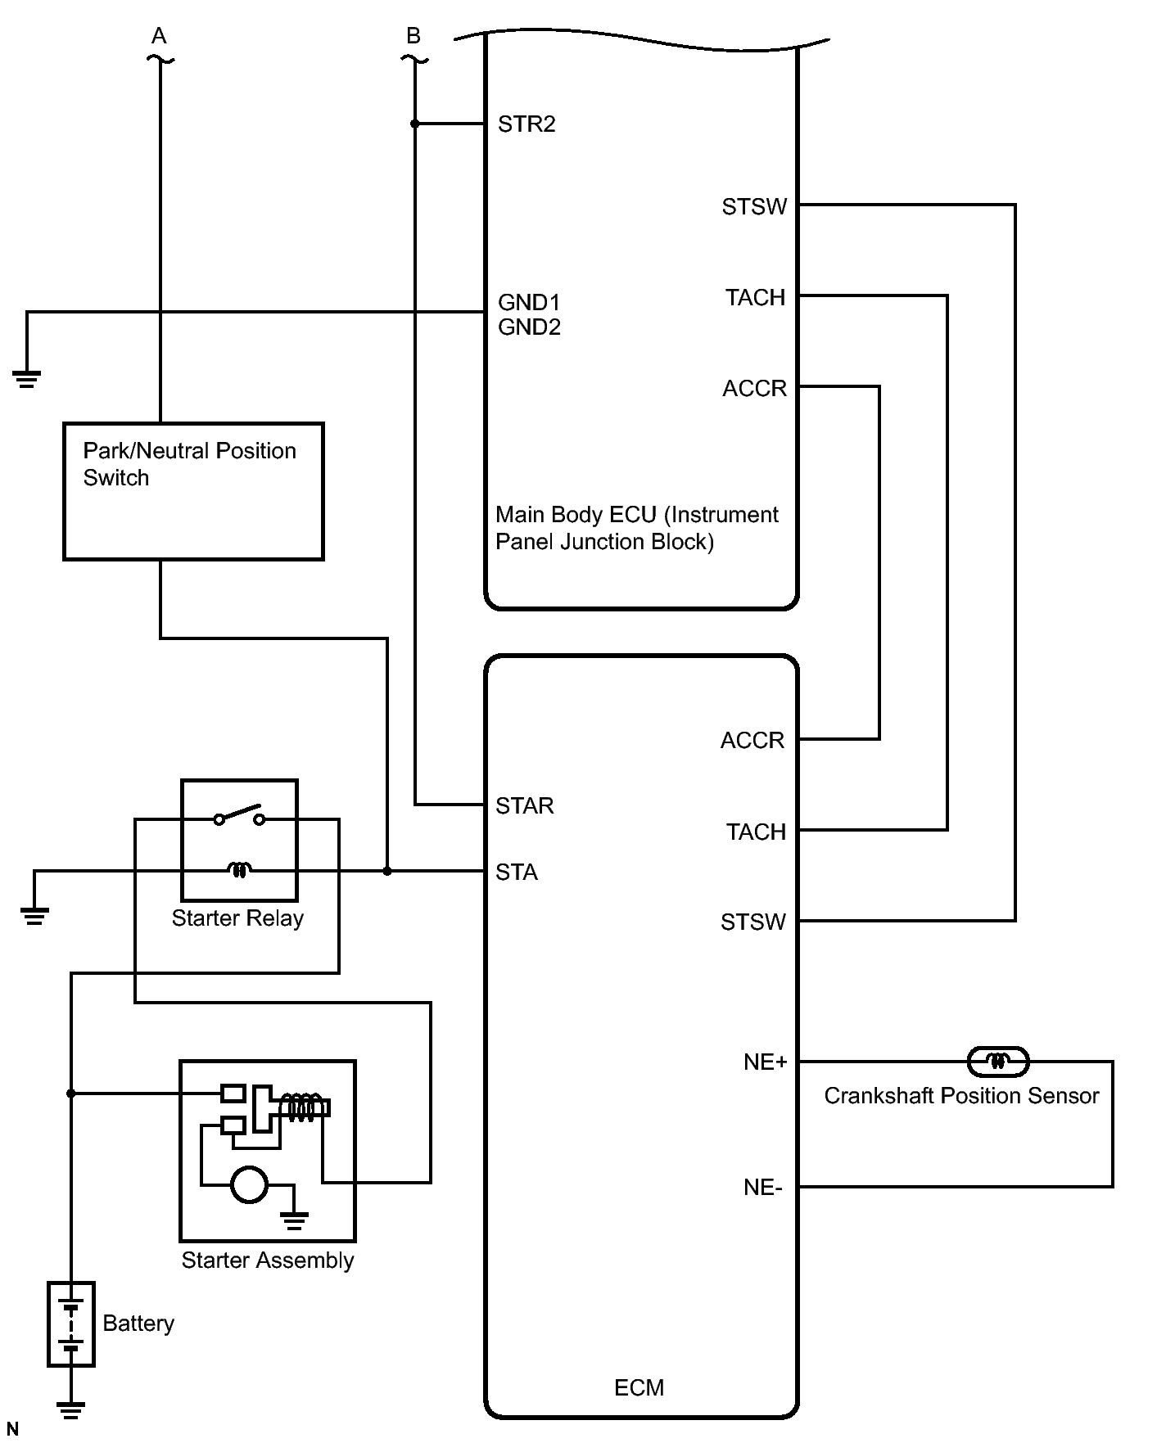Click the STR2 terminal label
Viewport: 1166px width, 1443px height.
[x=527, y=124]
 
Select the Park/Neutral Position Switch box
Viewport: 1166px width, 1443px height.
[x=194, y=491]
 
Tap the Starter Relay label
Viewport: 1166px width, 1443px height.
[x=237, y=918]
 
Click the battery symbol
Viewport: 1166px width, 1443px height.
[x=71, y=1324]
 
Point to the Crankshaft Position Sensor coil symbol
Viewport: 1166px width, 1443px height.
[x=997, y=1062]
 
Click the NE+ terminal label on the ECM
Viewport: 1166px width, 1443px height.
[x=765, y=1062]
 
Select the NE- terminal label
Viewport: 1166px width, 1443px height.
[x=762, y=1188]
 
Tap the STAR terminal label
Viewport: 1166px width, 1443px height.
[x=525, y=806]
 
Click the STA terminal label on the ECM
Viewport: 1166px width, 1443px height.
[x=517, y=873]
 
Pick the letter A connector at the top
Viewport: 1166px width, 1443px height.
[x=159, y=36]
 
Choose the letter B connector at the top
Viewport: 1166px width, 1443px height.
[x=414, y=36]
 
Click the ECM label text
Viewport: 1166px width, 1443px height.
[x=639, y=1387]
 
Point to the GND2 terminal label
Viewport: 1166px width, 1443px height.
[x=529, y=327]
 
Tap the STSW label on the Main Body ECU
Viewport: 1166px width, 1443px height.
[x=754, y=207]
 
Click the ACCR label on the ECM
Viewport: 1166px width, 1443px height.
[x=752, y=741]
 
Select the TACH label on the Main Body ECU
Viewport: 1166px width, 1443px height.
[x=755, y=298]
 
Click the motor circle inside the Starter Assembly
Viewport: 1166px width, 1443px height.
[x=249, y=1184]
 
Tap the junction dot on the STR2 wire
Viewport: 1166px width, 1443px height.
[x=415, y=124]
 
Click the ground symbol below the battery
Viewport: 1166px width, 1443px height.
[x=71, y=1409]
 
